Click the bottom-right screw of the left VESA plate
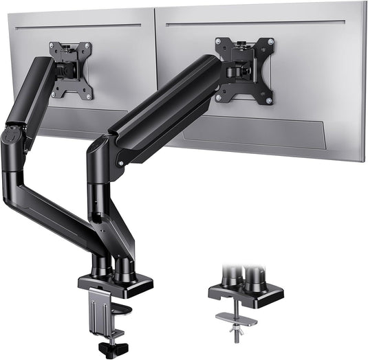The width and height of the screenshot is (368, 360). tap(89, 94)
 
